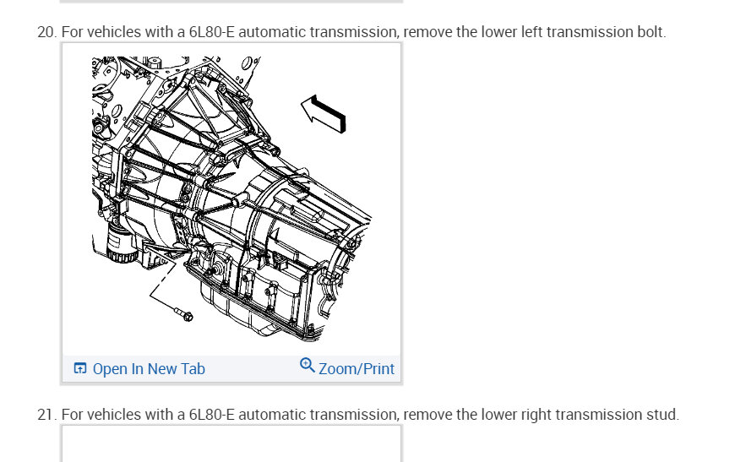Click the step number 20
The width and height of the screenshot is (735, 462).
(x=46, y=32)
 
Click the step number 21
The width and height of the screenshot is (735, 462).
(x=46, y=415)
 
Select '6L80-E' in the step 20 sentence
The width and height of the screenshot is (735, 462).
(x=211, y=32)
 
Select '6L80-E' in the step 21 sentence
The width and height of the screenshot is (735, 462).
(x=211, y=415)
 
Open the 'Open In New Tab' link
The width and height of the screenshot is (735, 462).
(x=149, y=369)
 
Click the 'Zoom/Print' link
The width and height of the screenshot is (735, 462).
(x=357, y=369)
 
